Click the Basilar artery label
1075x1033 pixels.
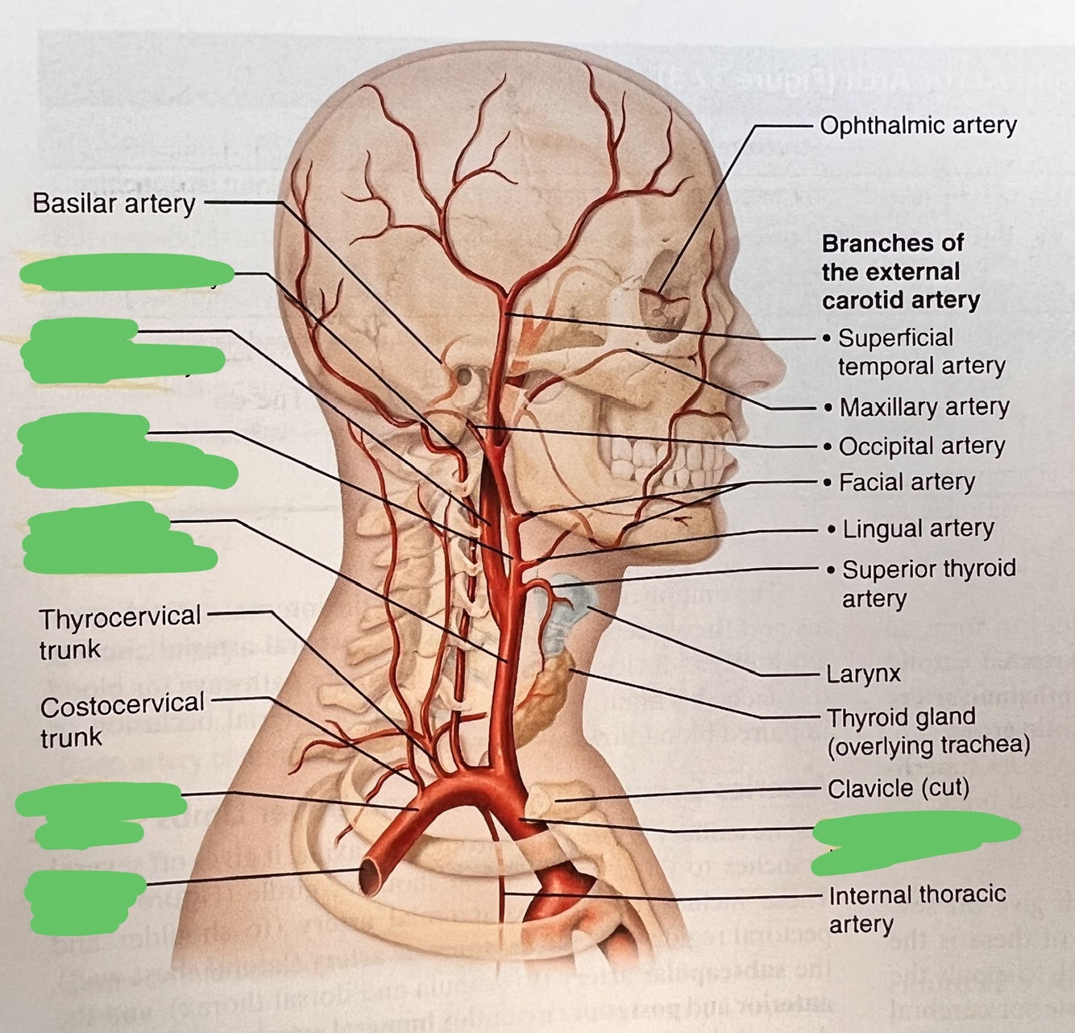[114, 204]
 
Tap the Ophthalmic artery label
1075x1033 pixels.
[918, 126]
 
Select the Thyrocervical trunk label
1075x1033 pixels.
[119, 632]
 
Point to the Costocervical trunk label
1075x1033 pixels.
[122, 720]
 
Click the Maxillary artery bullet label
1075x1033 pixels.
[924, 407]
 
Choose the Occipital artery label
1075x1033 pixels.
[922, 446]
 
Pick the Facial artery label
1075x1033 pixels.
[907, 483]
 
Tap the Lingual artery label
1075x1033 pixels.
[918, 529]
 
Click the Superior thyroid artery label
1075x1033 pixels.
[928, 583]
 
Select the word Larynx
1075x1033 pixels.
[863, 674]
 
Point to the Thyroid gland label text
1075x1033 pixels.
[928, 731]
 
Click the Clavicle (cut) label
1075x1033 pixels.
[898, 787]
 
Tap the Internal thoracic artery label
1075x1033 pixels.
[917, 909]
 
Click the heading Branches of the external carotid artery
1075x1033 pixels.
[900, 272]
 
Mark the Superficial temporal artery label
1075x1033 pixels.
[921, 351]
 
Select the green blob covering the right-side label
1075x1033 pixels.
[915, 840]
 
